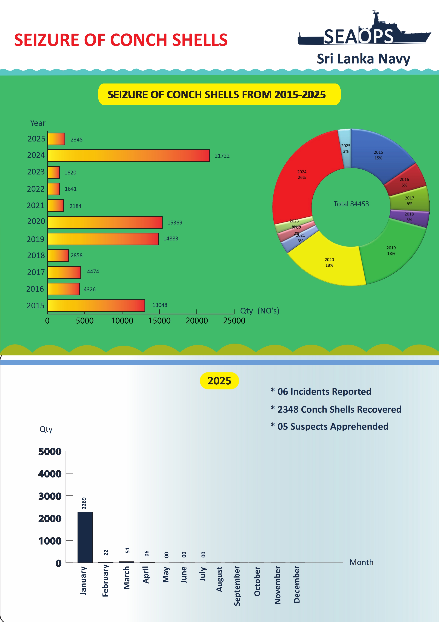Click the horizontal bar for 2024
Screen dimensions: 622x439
coord(129,156)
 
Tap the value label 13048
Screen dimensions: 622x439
coord(160,305)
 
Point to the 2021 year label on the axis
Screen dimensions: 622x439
coord(35,206)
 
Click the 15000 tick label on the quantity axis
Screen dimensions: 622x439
coord(159,321)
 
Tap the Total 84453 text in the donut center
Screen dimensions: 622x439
coord(351,204)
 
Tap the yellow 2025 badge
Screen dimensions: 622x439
coord(219,381)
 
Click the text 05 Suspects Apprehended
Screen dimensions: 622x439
coord(333,426)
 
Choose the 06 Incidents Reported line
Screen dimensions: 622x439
coord(324,391)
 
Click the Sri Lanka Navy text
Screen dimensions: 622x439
coord(363,59)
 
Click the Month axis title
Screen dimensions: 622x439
coord(361,562)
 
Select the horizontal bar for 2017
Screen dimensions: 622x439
coord(64,272)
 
